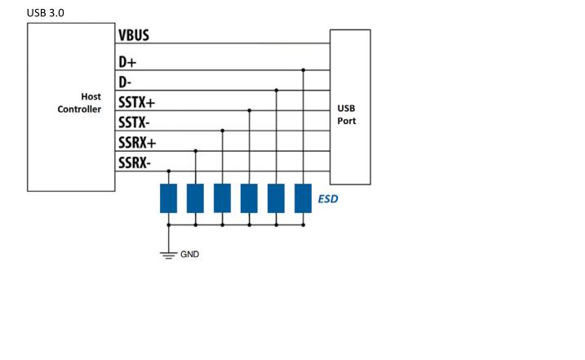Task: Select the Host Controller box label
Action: pyautogui.click(x=79, y=103)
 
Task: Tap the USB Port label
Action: pyautogui.click(x=346, y=114)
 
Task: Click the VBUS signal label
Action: pyautogui.click(x=134, y=36)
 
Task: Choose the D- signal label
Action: pyautogui.click(x=125, y=82)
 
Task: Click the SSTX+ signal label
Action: pyautogui.click(x=137, y=103)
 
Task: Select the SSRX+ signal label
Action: pyautogui.click(x=137, y=143)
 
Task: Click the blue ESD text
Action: pyautogui.click(x=327, y=198)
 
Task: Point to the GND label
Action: pyautogui.click(x=189, y=254)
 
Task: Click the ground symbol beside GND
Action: pyautogui.click(x=169, y=255)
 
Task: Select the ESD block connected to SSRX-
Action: pyautogui.click(x=169, y=198)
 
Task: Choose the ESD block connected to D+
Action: pyautogui.click(x=303, y=198)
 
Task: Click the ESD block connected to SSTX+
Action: pyautogui.click(x=249, y=198)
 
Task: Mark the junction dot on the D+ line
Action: pyautogui.click(x=303, y=70)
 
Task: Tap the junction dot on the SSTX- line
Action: pyautogui.click(x=222, y=131)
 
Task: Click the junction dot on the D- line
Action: pyautogui.click(x=276, y=90)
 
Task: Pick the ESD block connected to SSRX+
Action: pyautogui.click(x=195, y=198)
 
